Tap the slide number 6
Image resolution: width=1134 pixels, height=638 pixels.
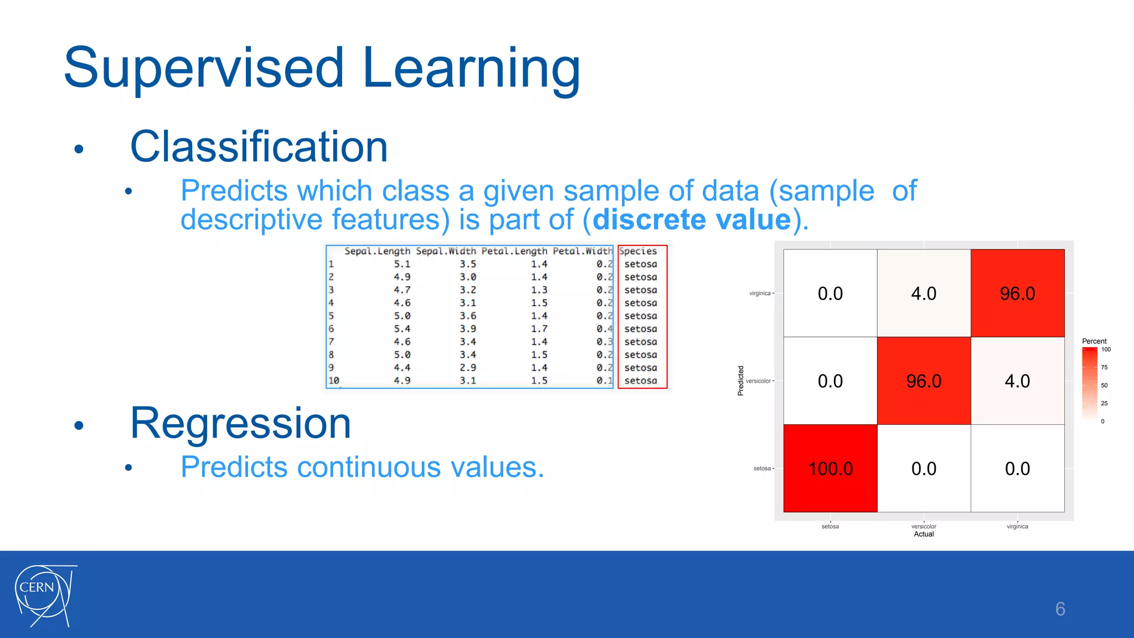(x=1060, y=609)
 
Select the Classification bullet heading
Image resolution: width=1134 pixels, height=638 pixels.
(x=259, y=147)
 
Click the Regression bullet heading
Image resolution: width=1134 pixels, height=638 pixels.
(x=240, y=423)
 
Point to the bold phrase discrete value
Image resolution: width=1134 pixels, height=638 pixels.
(x=692, y=219)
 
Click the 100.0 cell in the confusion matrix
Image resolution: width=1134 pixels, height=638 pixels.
(x=830, y=469)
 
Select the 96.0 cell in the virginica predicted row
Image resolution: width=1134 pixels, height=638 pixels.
(x=1017, y=294)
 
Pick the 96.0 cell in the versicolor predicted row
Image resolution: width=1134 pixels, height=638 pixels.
(x=924, y=381)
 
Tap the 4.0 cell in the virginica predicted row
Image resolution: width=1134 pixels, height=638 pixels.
(x=924, y=294)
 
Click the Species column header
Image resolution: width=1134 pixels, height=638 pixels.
(x=638, y=251)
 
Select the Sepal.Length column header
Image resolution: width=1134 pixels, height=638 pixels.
(x=377, y=251)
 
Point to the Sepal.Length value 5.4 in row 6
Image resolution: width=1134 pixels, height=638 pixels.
(x=402, y=329)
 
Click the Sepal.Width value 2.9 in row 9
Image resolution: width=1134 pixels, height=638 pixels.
(x=467, y=368)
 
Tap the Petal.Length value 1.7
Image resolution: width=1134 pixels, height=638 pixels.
(x=539, y=329)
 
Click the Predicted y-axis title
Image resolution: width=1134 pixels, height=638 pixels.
(x=740, y=380)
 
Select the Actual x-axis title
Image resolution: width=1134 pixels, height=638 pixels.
(x=924, y=534)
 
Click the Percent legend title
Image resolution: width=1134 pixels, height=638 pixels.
(x=1094, y=341)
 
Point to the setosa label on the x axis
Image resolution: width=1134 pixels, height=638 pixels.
(x=830, y=527)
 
